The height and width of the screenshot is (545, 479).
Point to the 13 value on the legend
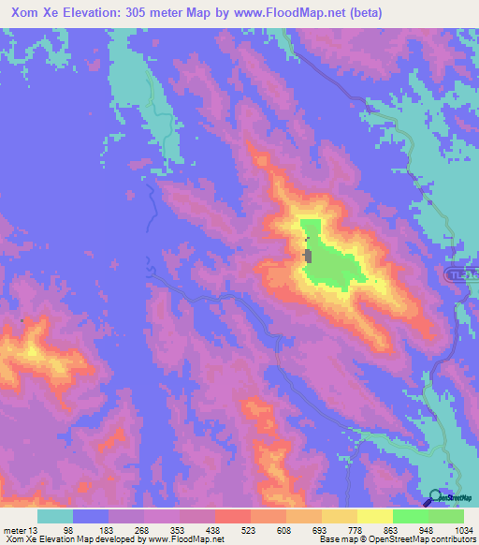(34, 530)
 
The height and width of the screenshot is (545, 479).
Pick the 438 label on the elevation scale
(213, 530)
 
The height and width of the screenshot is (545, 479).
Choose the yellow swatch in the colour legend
(374, 516)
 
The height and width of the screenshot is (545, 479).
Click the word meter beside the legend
(14, 530)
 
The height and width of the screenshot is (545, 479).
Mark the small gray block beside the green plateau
(307, 255)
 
